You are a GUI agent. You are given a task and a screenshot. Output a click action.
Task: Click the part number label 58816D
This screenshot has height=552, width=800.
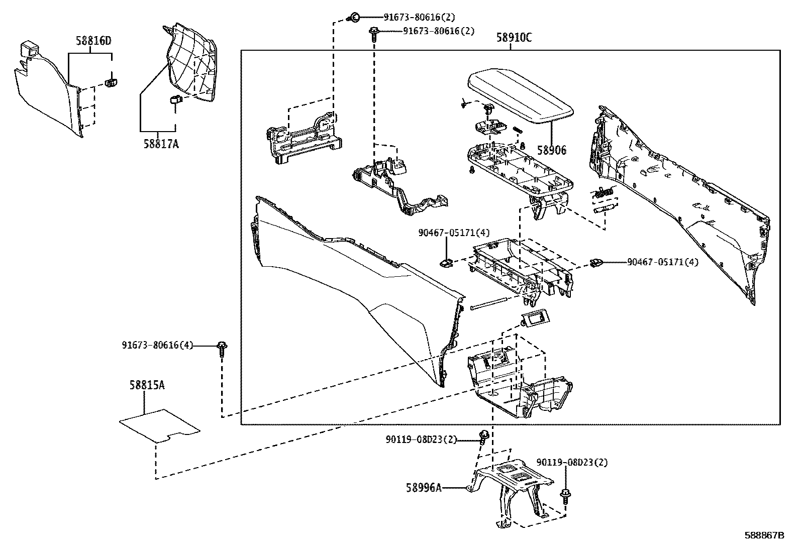coord(93,41)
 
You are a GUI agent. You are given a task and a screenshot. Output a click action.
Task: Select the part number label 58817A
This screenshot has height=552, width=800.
coord(161,144)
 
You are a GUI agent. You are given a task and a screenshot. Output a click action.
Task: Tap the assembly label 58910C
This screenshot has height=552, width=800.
coord(514,38)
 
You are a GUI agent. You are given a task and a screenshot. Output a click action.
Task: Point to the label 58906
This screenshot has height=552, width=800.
coord(551,150)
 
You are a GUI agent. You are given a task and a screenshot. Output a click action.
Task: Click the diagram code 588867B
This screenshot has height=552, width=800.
coord(764,535)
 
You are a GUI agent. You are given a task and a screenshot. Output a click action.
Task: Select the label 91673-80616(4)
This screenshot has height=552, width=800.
coord(157,346)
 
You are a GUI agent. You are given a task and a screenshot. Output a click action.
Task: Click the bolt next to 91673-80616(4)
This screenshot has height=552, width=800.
coord(222,348)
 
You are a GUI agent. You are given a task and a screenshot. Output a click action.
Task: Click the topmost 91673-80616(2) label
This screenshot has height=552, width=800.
coord(420,17)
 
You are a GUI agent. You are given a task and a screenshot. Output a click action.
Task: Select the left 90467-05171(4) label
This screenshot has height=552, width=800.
coord(454,233)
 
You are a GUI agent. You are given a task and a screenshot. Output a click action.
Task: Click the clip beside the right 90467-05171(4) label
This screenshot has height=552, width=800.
coord(596,262)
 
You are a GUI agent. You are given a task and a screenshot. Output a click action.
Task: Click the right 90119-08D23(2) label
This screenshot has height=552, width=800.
coord(572,462)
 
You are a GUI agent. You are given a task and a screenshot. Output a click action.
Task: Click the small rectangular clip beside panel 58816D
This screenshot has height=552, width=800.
coord(112,81)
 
